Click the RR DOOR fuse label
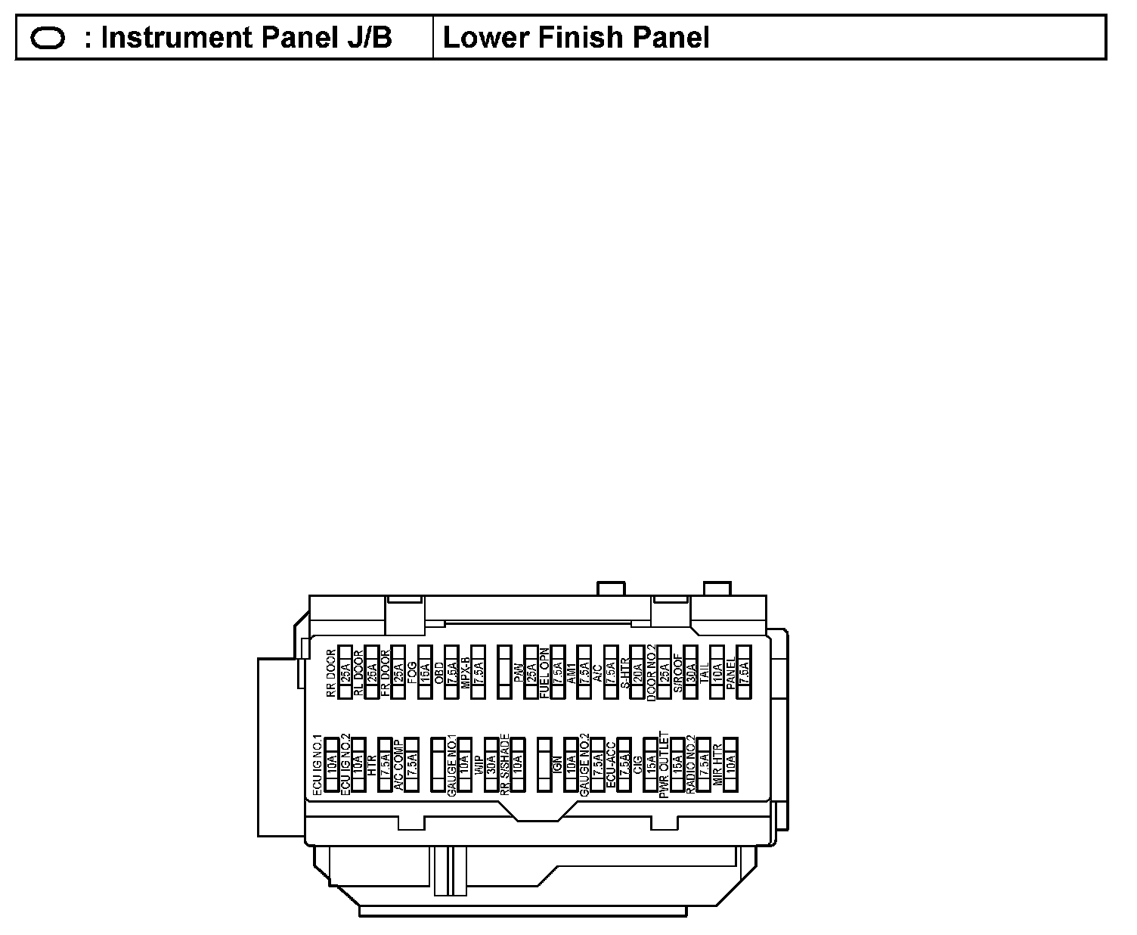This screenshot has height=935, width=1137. (331, 673)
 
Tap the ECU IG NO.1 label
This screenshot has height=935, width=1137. (318, 765)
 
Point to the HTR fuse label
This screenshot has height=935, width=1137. (371, 765)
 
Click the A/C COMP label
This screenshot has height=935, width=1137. (398, 765)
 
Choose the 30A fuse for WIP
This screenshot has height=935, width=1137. (491, 765)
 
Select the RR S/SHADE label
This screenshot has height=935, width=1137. (505, 765)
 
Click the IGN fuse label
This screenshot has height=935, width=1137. (558, 765)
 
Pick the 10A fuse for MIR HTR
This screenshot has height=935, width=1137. (730, 765)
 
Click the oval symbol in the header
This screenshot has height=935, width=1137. (48, 38)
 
